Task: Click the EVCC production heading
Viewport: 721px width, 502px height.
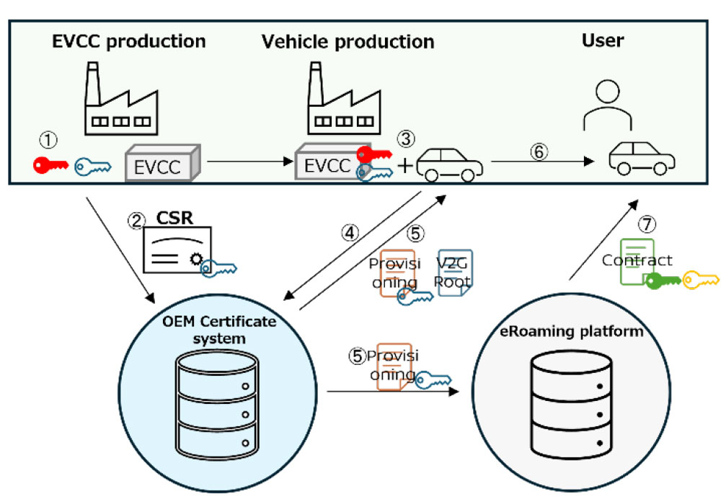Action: [x=129, y=41]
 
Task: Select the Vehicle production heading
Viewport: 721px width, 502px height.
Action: [x=348, y=41]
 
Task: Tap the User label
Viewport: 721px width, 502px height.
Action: [x=603, y=40]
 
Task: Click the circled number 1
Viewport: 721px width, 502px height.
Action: [x=48, y=138]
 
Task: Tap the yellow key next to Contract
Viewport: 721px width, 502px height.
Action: [x=700, y=278]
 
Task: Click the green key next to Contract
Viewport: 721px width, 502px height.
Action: [x=663, y=281]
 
